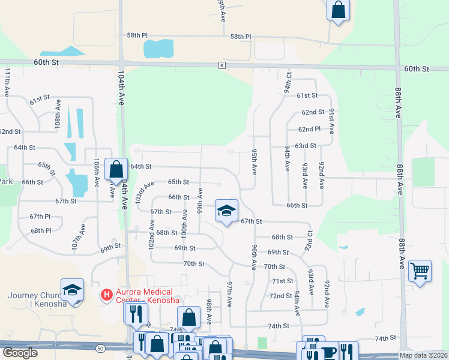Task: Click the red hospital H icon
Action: [107, 295]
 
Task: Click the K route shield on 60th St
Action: [222, 65]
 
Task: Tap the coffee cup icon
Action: [328, 352]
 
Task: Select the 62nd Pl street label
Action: [310, 129]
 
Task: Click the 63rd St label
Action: [305, 146]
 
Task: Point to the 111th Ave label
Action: [7, 83]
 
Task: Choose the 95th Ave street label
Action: [255, 162]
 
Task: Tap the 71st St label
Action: [282, 281]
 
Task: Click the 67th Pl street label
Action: [40, 216]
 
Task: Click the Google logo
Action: [20, 353]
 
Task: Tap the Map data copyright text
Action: [423, 355]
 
